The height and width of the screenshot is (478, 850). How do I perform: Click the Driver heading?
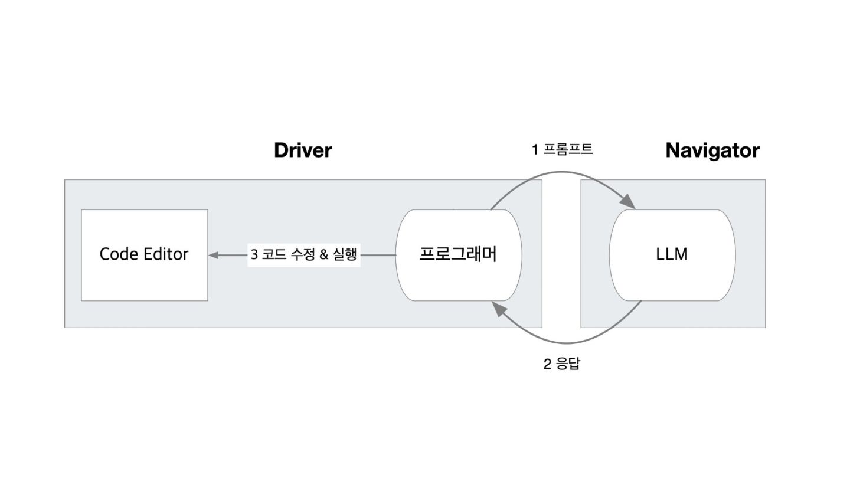pyautogui.click(x=303, y=150)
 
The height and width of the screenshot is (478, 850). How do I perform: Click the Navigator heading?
pyautogui.click(x=712, y=150)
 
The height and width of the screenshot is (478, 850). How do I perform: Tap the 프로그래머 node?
pyautogui.click(x=458, y=254)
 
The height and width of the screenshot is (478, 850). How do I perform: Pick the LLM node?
pyautogui.click(x=672, y=254)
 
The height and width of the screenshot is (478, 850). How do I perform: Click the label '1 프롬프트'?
pyautogui.click(x=562, y=149)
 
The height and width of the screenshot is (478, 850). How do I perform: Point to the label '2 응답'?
pyautogui.click(x=561, y=364)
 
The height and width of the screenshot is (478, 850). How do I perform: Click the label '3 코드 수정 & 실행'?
pyautogui.click(x=303, y=255)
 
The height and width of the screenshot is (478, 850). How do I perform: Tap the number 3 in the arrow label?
pyautogui.click(x=254, y=255)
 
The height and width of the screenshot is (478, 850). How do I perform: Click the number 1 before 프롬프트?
pyautogui.click(x=535, y=150)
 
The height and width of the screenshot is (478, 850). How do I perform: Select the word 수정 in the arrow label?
pyautogui.click(x=302, y=255)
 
